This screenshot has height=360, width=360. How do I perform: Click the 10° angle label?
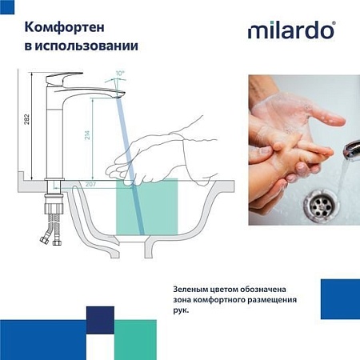(x=120, y=73)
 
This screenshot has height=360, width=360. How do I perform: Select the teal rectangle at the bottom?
(x=145, y=339)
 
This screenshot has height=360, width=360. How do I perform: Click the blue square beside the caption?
(x=339, y=299)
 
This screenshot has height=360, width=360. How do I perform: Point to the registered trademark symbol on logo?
(x=334, y=25)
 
